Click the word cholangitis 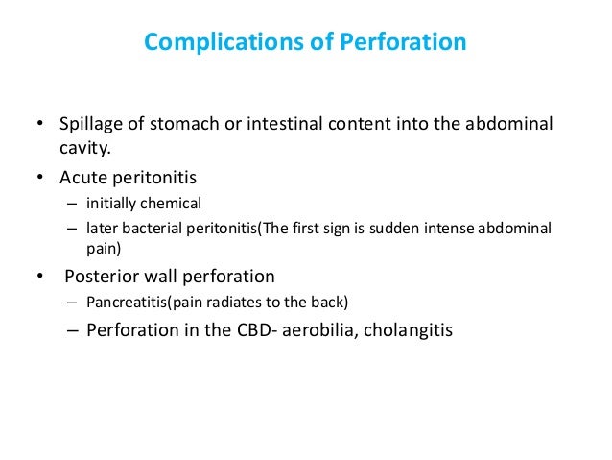[x=397, y=330]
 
